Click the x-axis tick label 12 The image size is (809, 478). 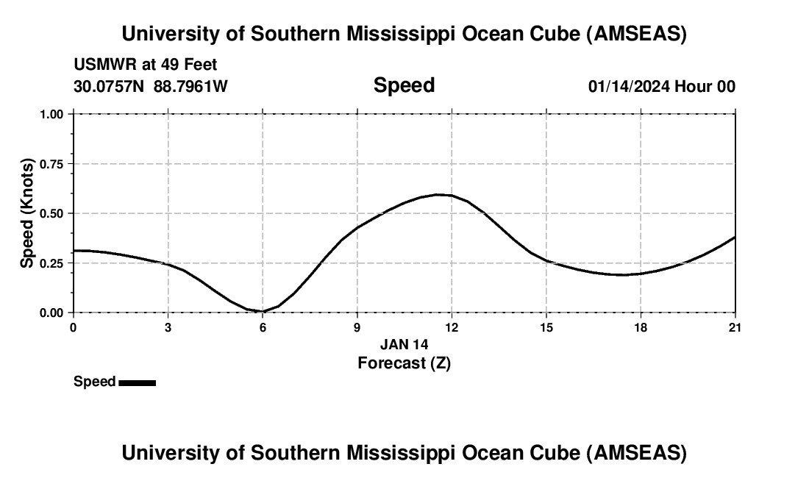coord(452,327)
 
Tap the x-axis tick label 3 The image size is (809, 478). coord(168,327)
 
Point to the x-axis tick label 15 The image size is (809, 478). coord(546,327)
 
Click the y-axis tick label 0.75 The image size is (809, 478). coord(51,164)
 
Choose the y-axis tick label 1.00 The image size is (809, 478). coord(51,115)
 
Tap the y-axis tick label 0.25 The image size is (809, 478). coord(51,263)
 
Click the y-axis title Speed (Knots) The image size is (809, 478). coord(27,213)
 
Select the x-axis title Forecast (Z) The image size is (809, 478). coord(404,363)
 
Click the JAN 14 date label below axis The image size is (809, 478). coord(404,344)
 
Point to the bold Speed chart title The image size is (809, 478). coord(404,85)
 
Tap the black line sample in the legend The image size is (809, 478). coord(137,382)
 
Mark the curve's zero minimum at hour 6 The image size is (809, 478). coord(263,311)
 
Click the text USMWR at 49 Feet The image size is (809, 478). coord(146,65)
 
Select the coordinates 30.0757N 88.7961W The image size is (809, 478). coord(151,86)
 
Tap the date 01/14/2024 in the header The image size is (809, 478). coord(629,86)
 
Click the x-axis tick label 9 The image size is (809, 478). coord(357,327)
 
